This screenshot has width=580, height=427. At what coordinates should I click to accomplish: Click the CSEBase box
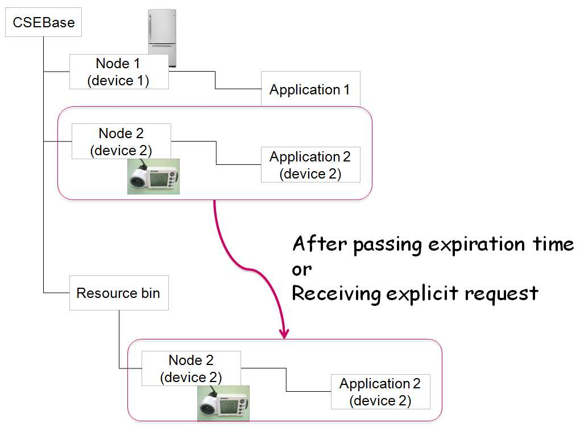click(x=43, y=22)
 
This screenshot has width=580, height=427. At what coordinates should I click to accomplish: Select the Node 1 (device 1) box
click(x=119, y=72)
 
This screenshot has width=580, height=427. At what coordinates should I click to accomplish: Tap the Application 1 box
click(x=310, y=89)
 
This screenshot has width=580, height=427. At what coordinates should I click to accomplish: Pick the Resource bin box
click(x=119, y=293)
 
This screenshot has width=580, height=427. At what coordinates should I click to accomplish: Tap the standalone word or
click(x=301, y=270)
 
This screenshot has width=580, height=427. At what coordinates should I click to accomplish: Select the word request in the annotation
click(x=501, y=294)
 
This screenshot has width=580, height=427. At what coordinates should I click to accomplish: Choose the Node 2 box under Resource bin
click(x=191, y=368)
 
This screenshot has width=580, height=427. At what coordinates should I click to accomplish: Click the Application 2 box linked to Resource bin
click(x=380, y=392)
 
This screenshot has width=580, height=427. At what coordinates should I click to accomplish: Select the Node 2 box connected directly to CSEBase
click(x=121, y=142)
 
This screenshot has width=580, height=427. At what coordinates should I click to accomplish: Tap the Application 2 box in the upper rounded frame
click(x=310, y=165)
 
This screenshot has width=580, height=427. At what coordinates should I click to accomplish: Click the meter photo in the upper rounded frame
click(x=154, y=176)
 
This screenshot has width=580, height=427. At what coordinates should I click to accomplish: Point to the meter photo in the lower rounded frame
click(x=223, y=403)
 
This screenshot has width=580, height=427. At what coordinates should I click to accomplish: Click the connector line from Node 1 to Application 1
click(x=216, y=80)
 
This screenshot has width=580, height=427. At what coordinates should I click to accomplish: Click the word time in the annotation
click(x=553, y=244)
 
